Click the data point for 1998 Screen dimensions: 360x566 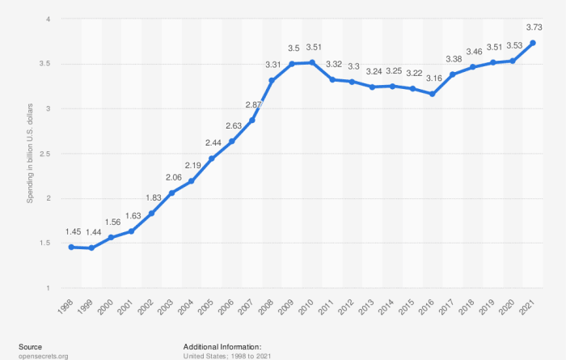(72, 247)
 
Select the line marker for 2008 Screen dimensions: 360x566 (272, 80)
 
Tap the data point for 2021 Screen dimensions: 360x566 (532, 43)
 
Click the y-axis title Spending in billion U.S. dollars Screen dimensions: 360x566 (30, 154)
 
